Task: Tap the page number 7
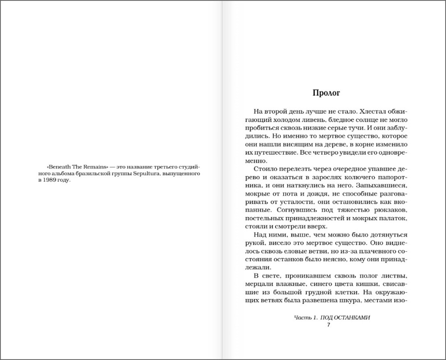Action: click(329, 325)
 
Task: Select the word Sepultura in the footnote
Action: click(146, 173)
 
